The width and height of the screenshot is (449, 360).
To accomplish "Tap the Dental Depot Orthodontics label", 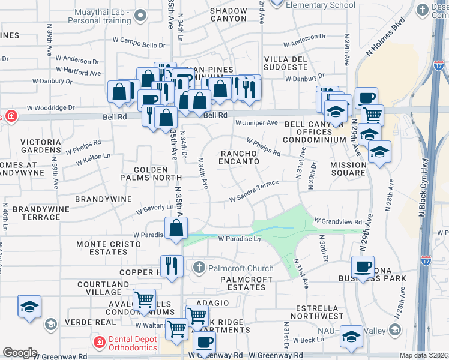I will (x=127, y=343).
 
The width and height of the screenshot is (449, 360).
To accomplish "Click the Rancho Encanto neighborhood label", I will (x=239, y=157).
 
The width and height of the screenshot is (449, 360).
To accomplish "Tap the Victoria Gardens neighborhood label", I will (x=40, y=146).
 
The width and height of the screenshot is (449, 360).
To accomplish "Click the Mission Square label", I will (x=348, y=169).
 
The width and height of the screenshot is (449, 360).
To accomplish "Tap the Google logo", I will (x=20, y=353).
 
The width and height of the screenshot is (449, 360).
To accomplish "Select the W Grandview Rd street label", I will (x=338, y=221).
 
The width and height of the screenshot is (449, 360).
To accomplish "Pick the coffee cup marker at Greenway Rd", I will (x=204, y=343).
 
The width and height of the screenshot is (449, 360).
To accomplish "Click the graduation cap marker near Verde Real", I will (x=29, y=306).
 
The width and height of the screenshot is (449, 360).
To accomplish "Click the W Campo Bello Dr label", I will (x=142, y=45).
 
